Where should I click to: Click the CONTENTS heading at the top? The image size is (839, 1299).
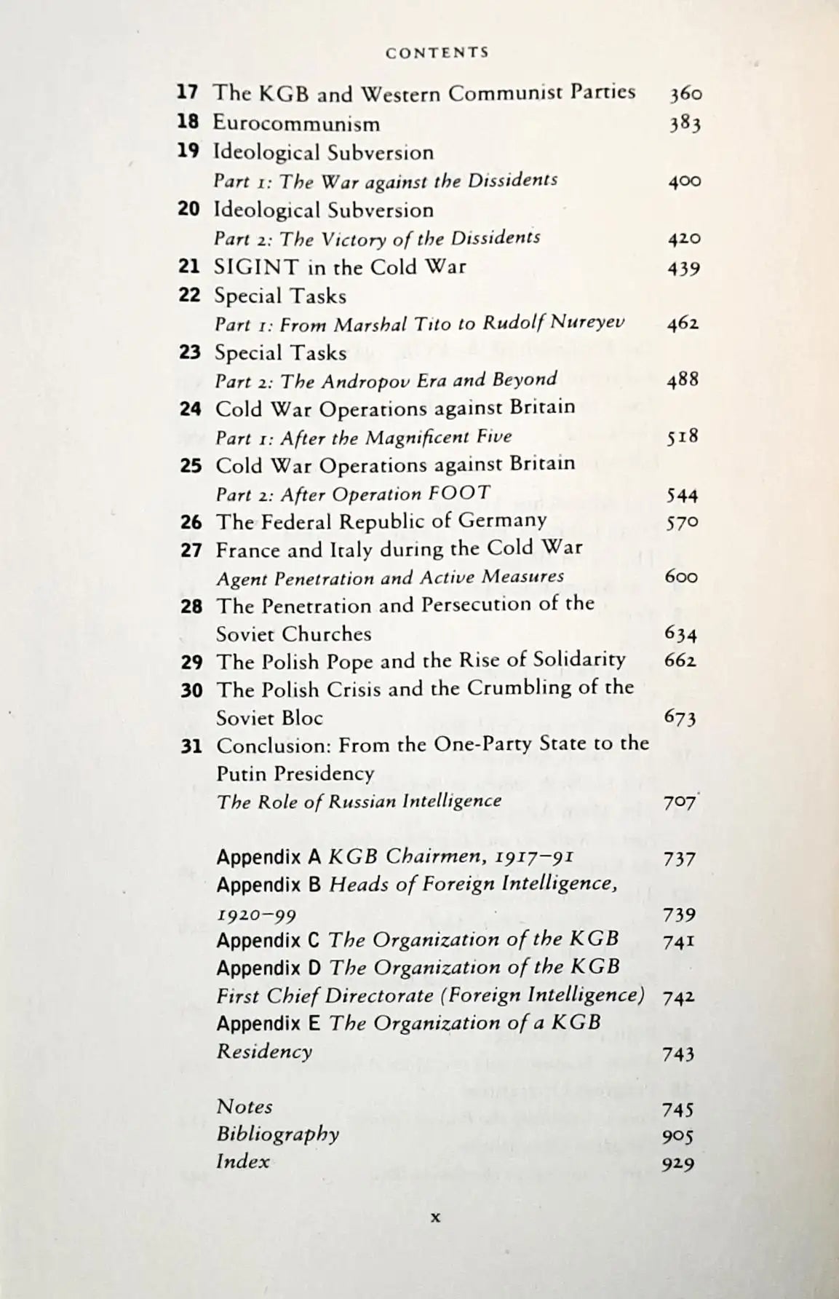pyautogui.click(x=437, y=52)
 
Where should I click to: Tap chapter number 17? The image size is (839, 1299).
pyautogui.click(x=188, y=92)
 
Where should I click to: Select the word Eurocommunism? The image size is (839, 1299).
pyautogui.click(x=296, y=123)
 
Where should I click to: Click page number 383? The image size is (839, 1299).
pyautogui.click(x=685, y=124)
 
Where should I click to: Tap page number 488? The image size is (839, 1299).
pyautogui.click(x=683, y=379)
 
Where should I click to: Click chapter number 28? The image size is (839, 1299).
pyautogui.click(x=191, y=606)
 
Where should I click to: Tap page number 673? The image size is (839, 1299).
pyautogui.click(x=680, y=718)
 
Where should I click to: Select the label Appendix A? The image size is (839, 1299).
pyautogui.click(x=269, y=856)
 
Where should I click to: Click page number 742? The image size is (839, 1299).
pyautogui.click(x=679, y=997)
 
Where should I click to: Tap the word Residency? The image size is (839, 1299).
pyautogui.click(x=264, y=1051)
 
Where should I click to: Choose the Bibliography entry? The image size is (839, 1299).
pyautogui.click(x=278, y=1134)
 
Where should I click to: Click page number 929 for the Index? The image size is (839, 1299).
pyautogui.click(x=678, y=1164)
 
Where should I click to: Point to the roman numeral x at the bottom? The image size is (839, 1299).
pyautogui.click(x=436, y=1216)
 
